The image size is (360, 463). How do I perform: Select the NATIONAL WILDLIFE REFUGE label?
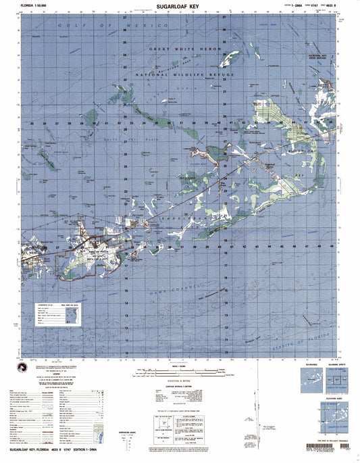(185, 74)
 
